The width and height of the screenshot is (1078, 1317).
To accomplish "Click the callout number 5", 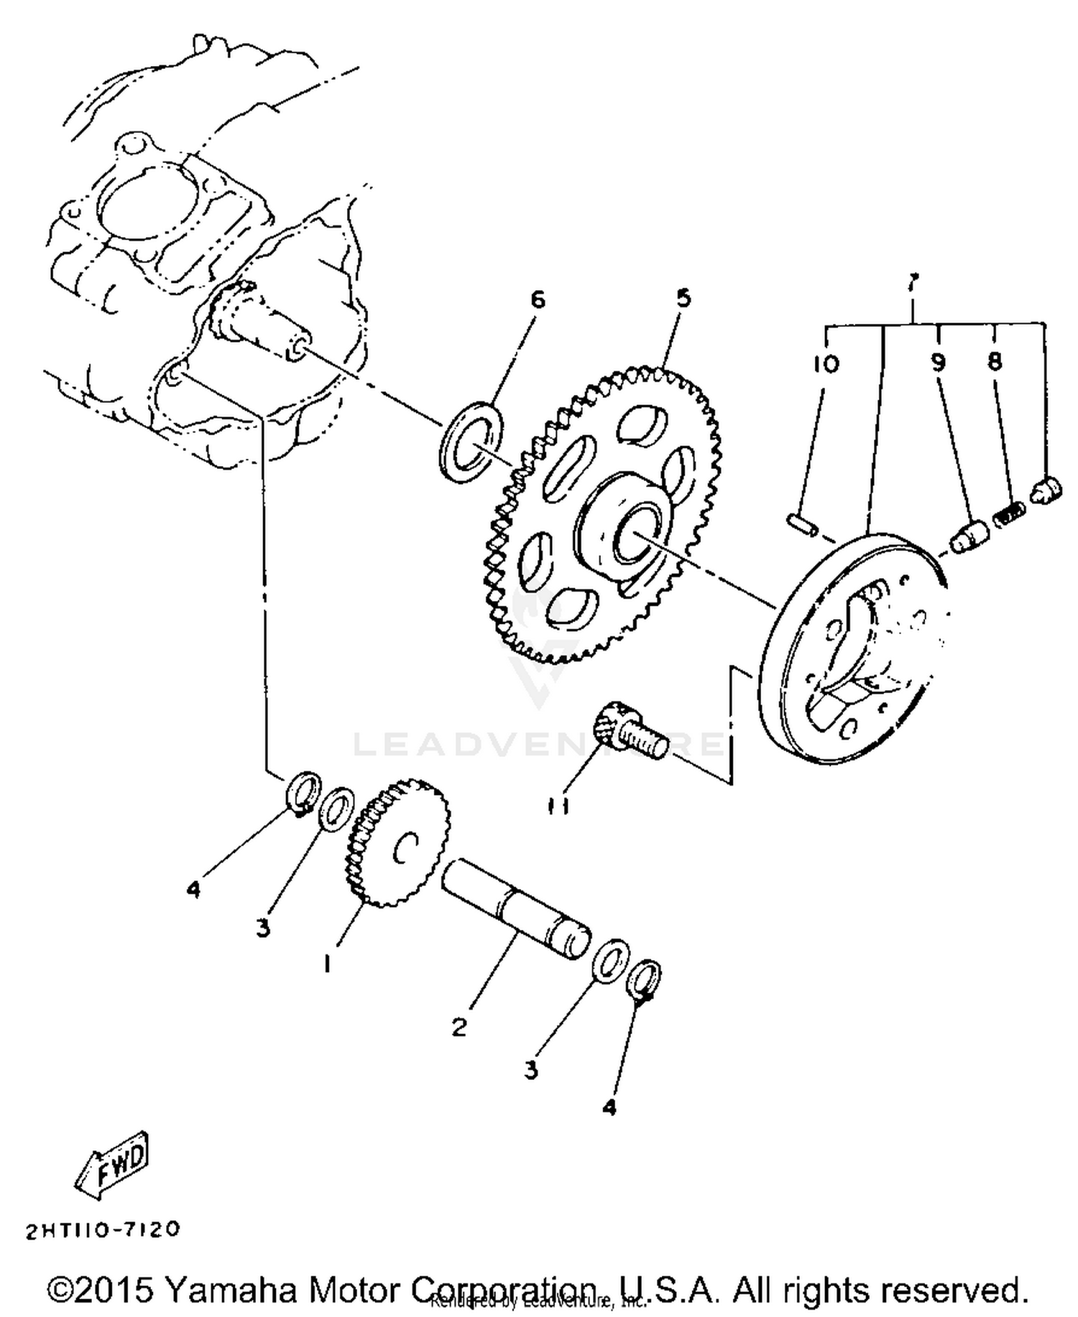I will (x=683, y=297).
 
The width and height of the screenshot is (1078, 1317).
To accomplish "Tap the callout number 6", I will (x=538, y=299).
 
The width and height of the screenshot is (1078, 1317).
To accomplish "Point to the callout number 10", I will (x=826, y=363).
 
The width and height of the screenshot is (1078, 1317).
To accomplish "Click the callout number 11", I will (x=560, y=806).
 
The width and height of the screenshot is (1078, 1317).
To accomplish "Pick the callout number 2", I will (x=459, y=1026).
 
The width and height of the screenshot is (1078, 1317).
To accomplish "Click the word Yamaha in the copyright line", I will (x=231, y=1290).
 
